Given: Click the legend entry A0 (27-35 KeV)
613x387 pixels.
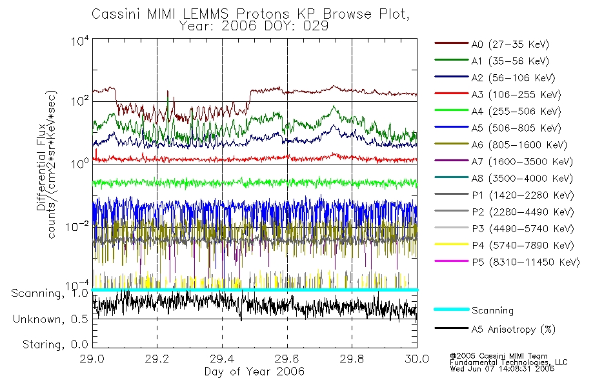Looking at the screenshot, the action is (x=492, y=44).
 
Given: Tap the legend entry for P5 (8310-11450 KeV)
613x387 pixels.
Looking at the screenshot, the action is (x=507, y=262).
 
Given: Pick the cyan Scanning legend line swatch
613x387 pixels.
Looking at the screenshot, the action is (x=452, y=309).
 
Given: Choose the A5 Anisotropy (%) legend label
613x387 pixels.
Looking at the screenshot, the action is (x=514, y=329).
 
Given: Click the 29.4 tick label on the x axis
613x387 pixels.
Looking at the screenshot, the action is (x=222, y=359).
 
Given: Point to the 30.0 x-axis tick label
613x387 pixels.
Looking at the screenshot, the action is (x=417, y=359).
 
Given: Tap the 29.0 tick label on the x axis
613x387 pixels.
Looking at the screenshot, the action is (x=92, y=359).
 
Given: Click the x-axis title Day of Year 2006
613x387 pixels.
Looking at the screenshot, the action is (x=254, y=372).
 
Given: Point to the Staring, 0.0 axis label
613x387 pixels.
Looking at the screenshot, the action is (x=55, y=344).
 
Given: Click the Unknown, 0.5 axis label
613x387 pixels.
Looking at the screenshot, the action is (x=50, y=319).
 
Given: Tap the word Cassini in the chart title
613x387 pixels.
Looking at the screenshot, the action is (x=117, y=14).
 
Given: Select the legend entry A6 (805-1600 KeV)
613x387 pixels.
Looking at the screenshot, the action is (x=501, y=145).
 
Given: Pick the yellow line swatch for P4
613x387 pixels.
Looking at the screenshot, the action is (x=452, y=244).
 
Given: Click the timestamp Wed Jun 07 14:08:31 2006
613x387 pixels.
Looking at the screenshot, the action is (x=502, y=369).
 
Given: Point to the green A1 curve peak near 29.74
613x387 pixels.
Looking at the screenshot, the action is (x=334, y=106).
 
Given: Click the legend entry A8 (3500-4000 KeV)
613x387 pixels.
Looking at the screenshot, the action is (x=503, y=178).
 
